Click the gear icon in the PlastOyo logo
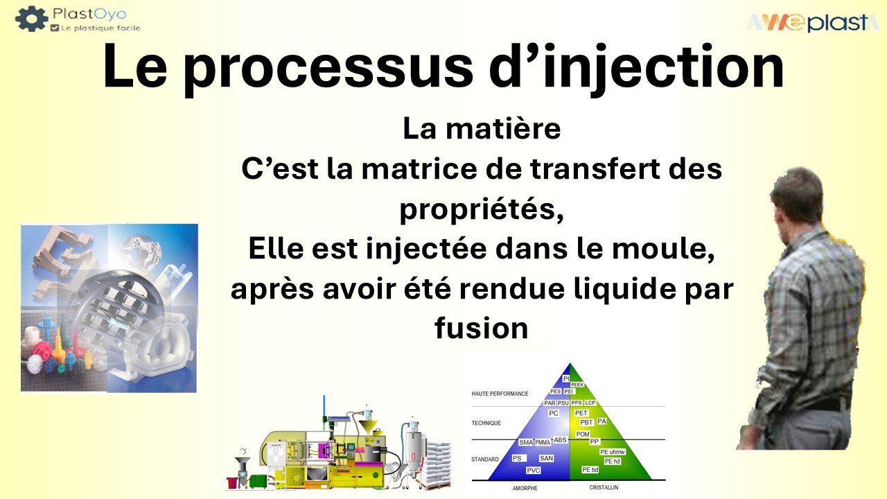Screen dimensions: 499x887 [31, 19]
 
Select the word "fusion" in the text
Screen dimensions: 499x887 [482, 327]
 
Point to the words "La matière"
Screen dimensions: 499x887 [482, 130]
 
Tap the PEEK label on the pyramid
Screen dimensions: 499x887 [577, 385]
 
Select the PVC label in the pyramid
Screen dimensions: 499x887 [533, 471]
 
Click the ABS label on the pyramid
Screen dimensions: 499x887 [560, 440]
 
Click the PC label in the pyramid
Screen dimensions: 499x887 [553, 414]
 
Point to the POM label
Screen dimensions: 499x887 [583, 434]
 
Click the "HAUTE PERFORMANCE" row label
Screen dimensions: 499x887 [500, 394]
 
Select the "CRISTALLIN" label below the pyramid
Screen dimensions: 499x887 [605, 488]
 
